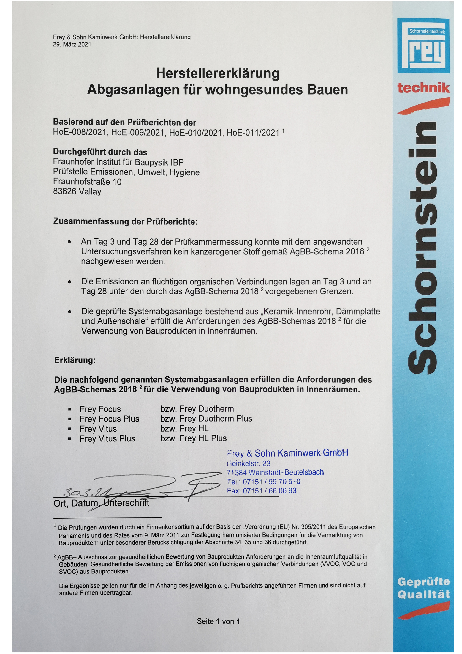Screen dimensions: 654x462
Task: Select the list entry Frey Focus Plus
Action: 109,419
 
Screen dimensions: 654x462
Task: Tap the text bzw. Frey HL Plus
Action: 193,438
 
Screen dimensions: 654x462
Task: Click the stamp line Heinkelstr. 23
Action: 249,463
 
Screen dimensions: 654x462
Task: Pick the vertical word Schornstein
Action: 423,248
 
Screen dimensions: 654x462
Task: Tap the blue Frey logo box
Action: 423,45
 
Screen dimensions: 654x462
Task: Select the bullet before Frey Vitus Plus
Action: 69,439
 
